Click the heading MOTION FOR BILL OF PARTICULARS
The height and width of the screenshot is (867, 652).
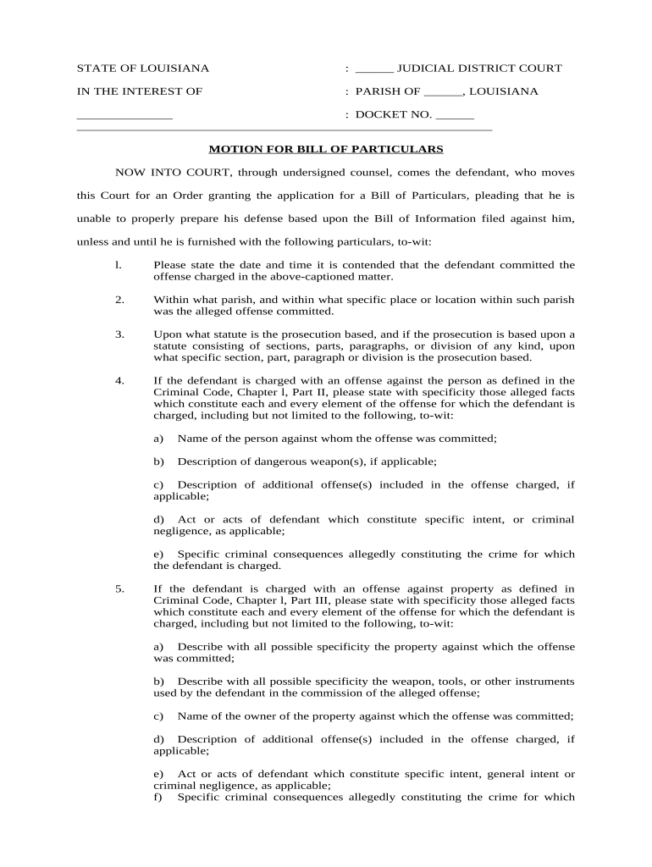pos(326,149)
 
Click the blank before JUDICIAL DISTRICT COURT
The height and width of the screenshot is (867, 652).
pos(374,69)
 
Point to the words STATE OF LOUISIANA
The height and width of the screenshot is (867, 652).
pos(143,69)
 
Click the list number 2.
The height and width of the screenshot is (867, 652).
pos(119,300)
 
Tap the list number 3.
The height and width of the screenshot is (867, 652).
pos(119,334)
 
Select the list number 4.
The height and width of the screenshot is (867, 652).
pos(119,380)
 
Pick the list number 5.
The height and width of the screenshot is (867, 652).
pos(119,588)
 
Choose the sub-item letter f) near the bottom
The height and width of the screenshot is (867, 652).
pos(157,797)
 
